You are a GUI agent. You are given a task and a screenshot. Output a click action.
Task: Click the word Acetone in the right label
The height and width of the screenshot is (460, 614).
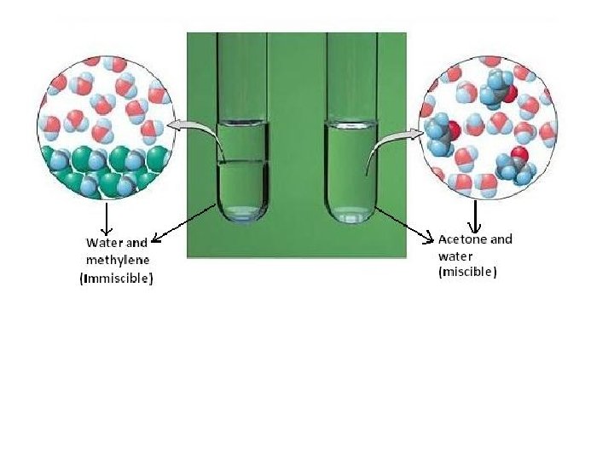click(461, 239)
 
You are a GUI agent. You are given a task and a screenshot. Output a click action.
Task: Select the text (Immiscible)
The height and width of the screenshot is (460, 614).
click(116, 278)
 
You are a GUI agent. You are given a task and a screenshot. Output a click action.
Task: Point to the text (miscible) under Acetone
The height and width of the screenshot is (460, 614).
click(467, 273)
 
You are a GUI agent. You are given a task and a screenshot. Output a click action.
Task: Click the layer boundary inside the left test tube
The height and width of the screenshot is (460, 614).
click(243, 162)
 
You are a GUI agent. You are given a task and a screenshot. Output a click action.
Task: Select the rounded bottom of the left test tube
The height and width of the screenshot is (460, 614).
click(243, 215)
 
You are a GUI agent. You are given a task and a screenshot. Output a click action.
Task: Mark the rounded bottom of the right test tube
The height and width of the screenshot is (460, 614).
click(351, 216)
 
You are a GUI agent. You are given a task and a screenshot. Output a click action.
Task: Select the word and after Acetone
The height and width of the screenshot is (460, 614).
click(500, 239)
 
